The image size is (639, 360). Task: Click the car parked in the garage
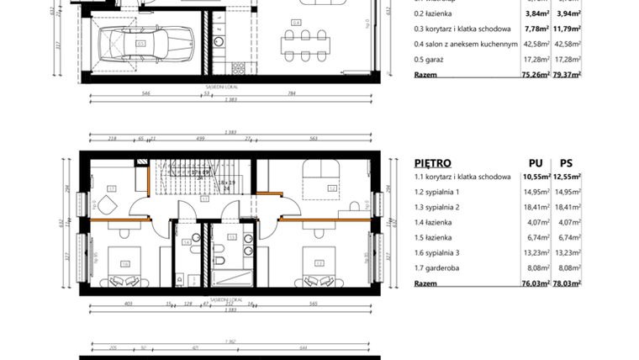click(x=147, y=42)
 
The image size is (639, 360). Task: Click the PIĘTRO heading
click(x=432, y=163)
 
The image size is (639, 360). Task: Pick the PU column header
click(x=535, y=163)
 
